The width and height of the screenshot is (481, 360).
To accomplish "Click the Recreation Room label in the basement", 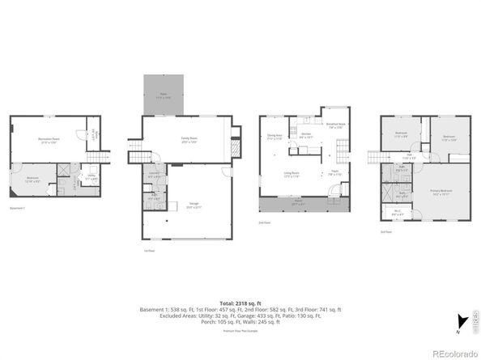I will [47, 140].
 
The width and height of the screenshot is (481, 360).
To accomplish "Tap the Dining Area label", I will [275, 136].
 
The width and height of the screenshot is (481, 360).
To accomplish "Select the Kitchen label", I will [306, 137].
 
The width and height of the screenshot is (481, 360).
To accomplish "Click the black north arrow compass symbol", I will [462, 320].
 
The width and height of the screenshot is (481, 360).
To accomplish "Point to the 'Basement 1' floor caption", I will [18, 208].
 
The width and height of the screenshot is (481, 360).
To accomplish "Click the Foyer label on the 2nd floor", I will [333, 173].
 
